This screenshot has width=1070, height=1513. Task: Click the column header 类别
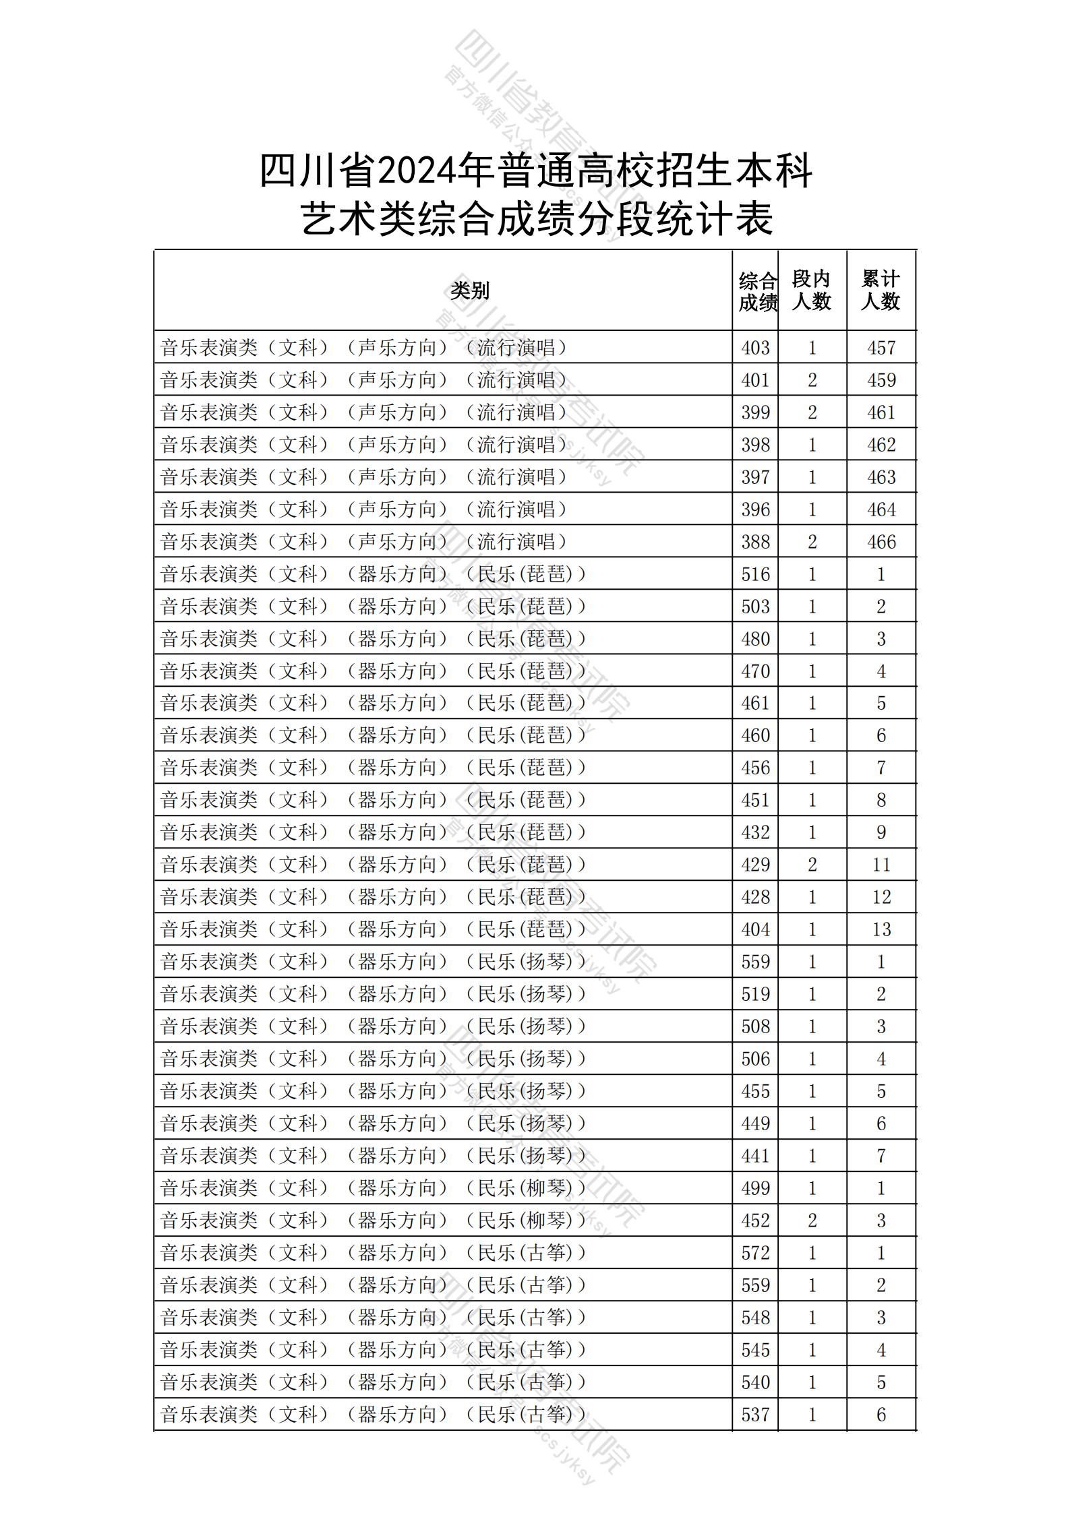(x=470, y=290)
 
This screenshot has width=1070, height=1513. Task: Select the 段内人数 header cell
(x=811, y=290)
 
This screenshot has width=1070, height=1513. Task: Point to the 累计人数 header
(x=881, y=290)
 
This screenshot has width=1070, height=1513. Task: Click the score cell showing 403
(x=755, y=348)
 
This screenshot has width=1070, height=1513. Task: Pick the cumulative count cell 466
(x=881, y=542)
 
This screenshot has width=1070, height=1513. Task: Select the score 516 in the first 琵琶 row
(x=755, y=574)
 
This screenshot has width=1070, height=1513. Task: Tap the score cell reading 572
(x=755, y=1253)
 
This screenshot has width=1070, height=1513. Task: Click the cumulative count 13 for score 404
(x=881, y=929)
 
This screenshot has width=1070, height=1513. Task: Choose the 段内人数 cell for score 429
(x=812, y=865)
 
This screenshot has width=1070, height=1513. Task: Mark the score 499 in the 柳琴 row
(x=755, y=1188)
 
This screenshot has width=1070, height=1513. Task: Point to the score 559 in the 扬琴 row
(x=755, y=962)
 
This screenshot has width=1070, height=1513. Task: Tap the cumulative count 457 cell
(x=881, y=348)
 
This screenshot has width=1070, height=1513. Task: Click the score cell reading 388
(x=755, y=542)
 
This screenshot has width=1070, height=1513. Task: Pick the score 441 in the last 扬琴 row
(x=755, y=1156)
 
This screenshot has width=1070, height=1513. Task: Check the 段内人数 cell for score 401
(x=812, y=380)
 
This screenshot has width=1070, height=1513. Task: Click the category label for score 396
(x=364, y=510)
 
